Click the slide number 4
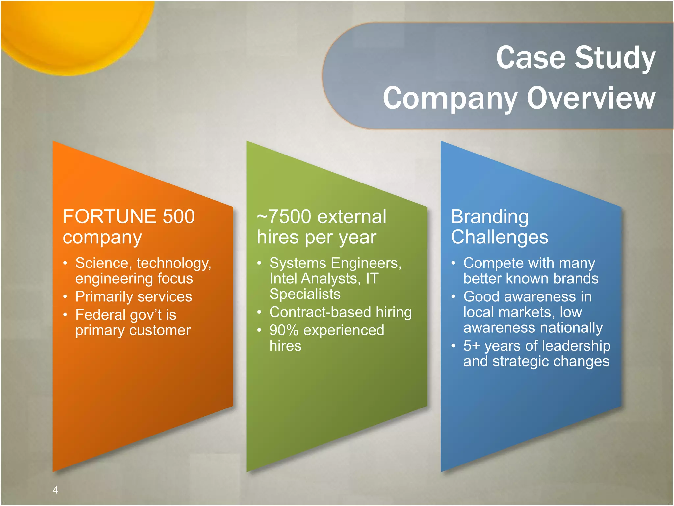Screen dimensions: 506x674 55,490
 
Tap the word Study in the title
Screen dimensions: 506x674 615,58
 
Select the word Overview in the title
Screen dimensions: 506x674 591,98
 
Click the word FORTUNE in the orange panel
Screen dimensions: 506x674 109,216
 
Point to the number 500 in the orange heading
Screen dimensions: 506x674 179,216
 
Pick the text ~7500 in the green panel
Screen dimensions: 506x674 284,216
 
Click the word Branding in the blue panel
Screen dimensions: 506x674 489,216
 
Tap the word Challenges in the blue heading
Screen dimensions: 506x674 499,237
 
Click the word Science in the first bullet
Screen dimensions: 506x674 102,263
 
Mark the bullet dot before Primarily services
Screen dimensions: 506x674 65,297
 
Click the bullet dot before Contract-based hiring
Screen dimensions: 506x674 260,312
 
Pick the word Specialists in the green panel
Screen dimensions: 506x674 305,294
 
